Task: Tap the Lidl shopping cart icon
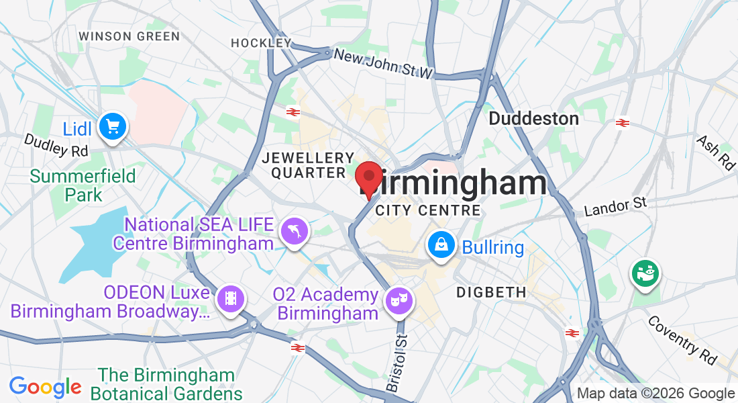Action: tap(112, 126)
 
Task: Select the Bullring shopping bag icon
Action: tap(441, 247)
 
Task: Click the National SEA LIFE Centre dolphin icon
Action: tap(295, 232)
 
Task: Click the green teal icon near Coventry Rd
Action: tap(644, 273)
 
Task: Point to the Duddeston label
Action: tap(533, 119)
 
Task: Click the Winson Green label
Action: tap(129, 36)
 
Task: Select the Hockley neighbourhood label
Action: tap(260, 43)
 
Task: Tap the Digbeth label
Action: tap(490, 292)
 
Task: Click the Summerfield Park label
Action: tap(83, 185)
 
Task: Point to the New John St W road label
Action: tap(384, 64)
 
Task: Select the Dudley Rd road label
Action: tap(56, 144)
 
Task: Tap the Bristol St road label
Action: tap(397, 363)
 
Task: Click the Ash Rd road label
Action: tap(715, 152)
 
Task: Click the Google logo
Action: tap(45, 387)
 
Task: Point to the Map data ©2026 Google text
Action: tap(655, 394)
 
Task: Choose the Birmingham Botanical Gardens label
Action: tap(166, 383)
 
